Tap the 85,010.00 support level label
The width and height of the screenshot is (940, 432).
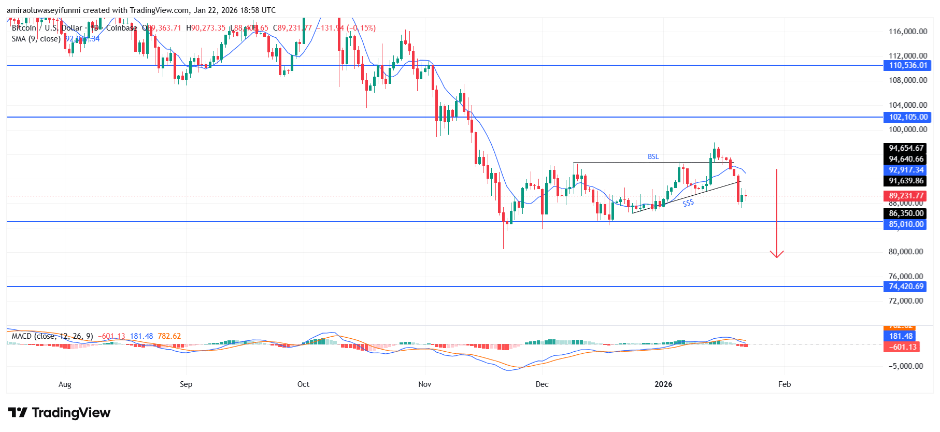point(906,224)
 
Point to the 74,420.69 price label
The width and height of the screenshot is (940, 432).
point(906,286)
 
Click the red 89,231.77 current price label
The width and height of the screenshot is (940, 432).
point(906,196)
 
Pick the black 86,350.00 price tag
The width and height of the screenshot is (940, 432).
point(906,213)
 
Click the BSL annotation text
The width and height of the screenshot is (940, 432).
point(653,156)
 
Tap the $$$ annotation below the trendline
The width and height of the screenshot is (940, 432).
point(688,204)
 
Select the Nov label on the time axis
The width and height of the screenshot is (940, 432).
point(424,384)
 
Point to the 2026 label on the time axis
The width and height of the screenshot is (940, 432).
point(663,384)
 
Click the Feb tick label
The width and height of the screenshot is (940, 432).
point(785,384)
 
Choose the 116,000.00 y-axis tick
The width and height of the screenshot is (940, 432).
point(908,32)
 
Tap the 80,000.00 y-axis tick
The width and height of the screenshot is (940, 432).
point(906,252)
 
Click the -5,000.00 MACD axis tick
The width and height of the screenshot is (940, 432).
point(906,366)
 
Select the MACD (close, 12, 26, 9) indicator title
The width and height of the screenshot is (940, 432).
point(52,336)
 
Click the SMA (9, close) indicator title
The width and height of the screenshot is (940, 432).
point(36,39)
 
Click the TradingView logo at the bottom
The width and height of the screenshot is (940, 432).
point(59,413)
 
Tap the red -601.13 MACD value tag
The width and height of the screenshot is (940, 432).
point(902,347)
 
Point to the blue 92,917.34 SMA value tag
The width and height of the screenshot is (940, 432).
point(906,170)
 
